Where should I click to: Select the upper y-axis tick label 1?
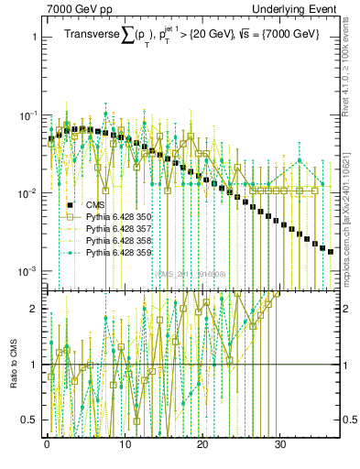pos(34,38)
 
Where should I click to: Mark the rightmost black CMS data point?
pos(331,251)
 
